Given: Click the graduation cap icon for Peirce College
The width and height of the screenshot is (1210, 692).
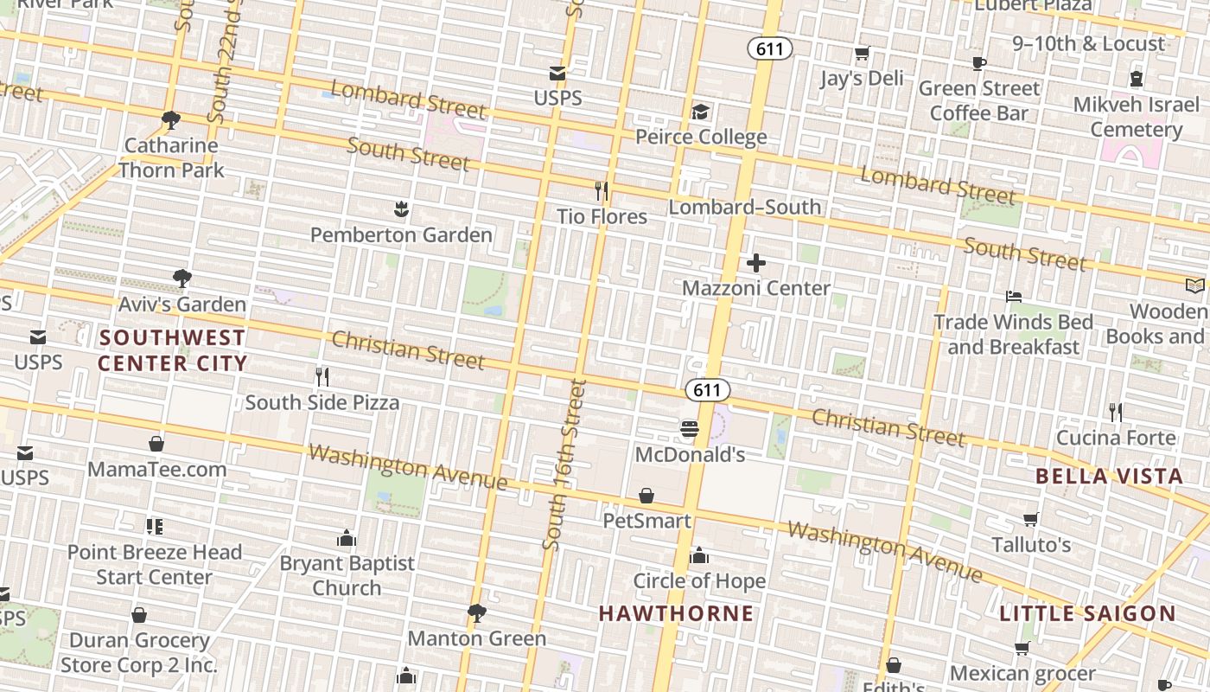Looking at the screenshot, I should [700, 112].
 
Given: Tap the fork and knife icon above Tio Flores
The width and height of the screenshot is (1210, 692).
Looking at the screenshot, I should [602, 190].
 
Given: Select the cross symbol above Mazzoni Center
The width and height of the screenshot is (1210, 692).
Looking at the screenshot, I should [756, 262].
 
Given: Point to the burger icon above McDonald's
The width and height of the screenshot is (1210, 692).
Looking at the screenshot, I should [689, 428].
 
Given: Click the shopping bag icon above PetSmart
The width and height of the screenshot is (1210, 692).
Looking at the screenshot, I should [646, 496].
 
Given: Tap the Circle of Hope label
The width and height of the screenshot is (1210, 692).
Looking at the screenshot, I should [699, 580].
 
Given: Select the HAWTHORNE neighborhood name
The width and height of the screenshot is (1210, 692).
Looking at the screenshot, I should [676, 613].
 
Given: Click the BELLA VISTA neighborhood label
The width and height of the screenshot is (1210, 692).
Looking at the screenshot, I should [1109, 476].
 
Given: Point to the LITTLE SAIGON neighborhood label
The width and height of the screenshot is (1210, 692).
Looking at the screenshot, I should [1087, 613].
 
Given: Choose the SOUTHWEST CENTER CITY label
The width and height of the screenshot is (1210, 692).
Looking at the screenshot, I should [172, 349].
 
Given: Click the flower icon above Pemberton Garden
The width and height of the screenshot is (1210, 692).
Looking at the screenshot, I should [401, 208].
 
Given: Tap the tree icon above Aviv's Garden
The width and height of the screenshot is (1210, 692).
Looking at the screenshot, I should [181, 279].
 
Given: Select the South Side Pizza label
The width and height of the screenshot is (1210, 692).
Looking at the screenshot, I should [322, 402].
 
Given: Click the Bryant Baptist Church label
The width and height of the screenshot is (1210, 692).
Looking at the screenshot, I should [347, 575].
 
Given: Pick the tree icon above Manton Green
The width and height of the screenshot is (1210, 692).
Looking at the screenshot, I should [476, 613].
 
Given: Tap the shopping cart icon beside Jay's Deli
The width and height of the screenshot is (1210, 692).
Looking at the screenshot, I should [862, 54].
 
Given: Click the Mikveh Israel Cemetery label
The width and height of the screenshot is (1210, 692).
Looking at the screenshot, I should [1136, 117].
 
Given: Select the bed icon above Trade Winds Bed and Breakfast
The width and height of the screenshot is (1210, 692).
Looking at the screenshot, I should [1014, 297].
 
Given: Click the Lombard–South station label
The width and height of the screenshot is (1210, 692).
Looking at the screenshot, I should [745, 206].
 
